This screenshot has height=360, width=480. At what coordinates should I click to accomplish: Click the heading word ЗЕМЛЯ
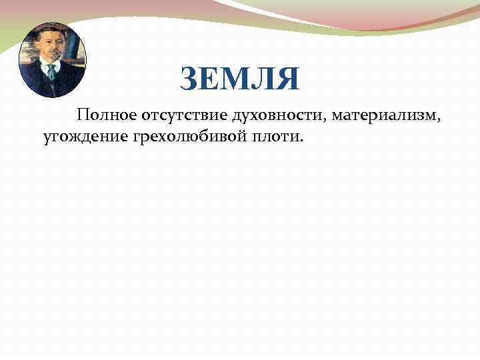pos(240,79)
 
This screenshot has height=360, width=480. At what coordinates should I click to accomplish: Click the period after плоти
pos(301,141)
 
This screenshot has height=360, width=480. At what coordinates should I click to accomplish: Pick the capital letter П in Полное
pos(83,117)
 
